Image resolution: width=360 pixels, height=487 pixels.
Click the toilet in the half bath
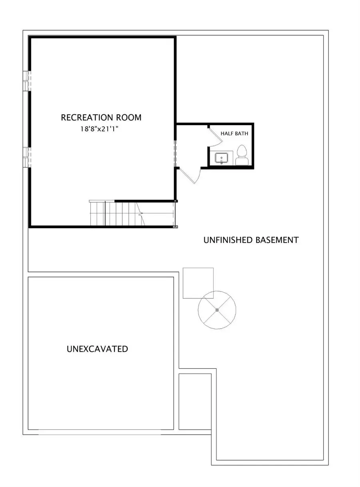pyautogui.click(x=241, y=155)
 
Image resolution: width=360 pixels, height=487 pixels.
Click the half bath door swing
pyautogui.click(x=215, y=136)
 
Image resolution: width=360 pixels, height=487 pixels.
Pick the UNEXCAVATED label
pyautogui.click(x=97, y=349)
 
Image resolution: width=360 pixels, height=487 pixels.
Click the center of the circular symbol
pyautogui.click(x=217, y=310)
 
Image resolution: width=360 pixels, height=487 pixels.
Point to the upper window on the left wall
pyautogui.click(x=26, y=81)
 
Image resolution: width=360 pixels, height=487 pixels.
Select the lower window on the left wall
pyautogui.click(x=26, y=157)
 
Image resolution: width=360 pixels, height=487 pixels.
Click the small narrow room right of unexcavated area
pyautogui.click(x=195, y=401)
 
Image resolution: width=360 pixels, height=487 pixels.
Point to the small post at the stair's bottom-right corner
pyautogui.click(x=175, y=227)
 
